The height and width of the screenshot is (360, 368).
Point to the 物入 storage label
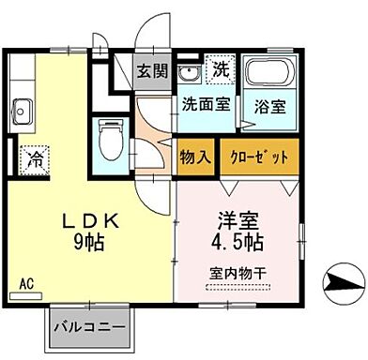pos(195,156)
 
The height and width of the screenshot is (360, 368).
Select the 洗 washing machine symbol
pos(219,68)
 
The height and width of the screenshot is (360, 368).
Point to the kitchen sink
pos(23,116)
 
